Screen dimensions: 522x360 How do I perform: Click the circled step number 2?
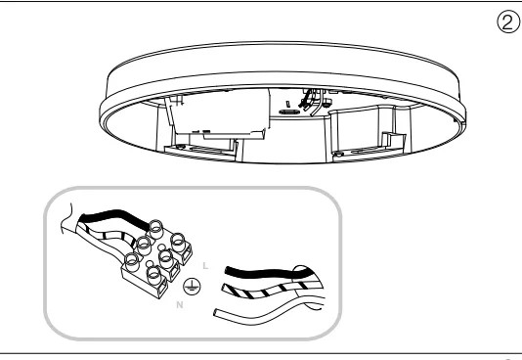click(x=508, y=22)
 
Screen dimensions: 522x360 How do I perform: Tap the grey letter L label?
click(x=205, y=266)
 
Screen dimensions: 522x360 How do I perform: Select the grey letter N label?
click(x=180, y=304)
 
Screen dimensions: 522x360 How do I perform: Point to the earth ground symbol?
click(x=193, y=287)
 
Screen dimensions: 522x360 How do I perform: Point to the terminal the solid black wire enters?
click(x=155, y=229)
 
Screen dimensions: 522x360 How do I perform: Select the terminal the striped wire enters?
click(x=144, y=246)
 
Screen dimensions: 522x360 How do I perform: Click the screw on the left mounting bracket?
click(x=181, y=147)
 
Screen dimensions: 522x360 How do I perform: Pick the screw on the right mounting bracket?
click(x=338, y=154)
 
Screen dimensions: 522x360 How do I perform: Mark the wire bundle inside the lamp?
click(x=311, y=101)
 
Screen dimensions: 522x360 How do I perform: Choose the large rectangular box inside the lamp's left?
click(x=218, y=113)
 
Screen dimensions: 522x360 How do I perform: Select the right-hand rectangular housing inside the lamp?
click(x=370, y=130)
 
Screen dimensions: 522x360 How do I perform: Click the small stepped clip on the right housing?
click(x=394, y=139)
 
